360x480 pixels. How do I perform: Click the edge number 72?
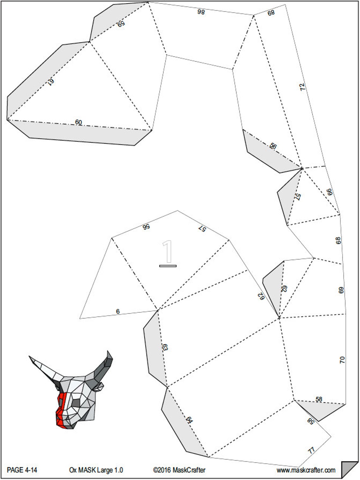(302, 87)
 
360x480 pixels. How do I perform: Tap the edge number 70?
(342, 360)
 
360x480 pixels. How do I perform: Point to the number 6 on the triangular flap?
(118, 311)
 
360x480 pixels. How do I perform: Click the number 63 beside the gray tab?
(165, 347)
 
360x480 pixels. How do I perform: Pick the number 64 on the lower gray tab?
(189, 420)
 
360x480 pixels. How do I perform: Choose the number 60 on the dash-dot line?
(78, 122)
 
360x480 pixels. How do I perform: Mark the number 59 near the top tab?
(121, 24)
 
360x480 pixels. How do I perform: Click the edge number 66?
(330, 192)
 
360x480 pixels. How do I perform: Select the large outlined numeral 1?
(167, 252)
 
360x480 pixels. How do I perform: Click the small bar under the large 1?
(168, 266)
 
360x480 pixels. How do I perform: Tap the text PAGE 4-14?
(22, 470)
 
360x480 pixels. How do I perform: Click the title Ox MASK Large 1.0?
(96, 470)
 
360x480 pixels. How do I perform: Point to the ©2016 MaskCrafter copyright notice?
(179, 470)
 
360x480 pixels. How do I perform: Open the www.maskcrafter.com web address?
(306, 470)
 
